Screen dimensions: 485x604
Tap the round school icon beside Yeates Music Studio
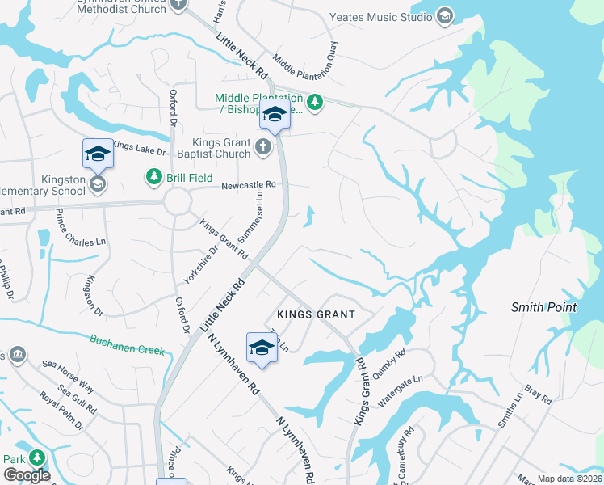[x=444, y=16]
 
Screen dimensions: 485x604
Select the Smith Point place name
[x=543, y=307]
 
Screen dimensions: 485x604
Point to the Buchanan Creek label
[x=127, y=345]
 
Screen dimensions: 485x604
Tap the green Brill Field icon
[x=152, y=176]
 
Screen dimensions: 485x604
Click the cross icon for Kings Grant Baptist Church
[x=263, y=147]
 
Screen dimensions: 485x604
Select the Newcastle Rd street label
[x=250, y=185]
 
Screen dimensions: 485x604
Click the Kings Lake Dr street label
[x=139, y=147]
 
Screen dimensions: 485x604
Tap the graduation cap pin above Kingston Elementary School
[x=97, y=153]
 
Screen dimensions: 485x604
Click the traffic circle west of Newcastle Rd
[x=178, y=201]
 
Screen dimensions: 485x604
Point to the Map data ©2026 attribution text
[x=569, y=479]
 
